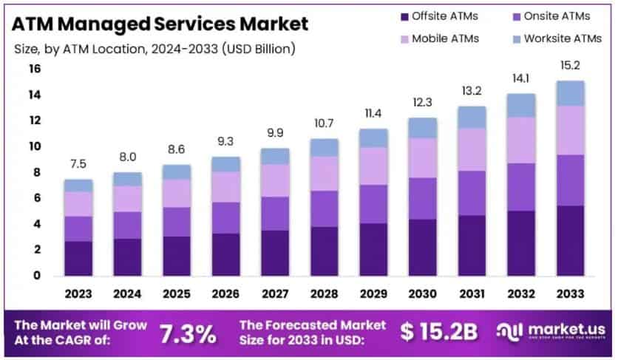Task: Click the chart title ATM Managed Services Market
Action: [160, 24]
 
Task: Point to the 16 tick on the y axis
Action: [35, 69]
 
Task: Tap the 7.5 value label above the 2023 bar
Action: [78, 164]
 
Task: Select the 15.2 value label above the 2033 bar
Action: [571, 66]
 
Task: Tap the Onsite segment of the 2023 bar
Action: [78, 228]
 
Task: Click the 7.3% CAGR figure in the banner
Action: [189, 333]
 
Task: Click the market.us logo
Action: [551, 331]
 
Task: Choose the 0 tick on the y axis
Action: [35, 276]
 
